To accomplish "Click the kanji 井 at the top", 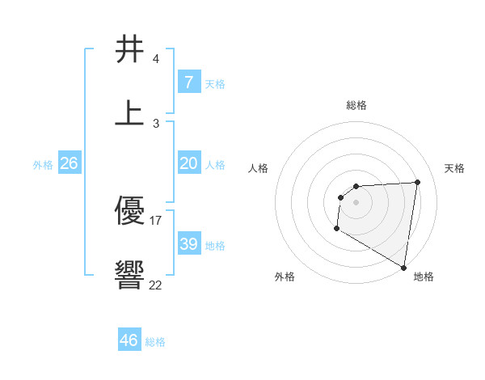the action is (129, 49).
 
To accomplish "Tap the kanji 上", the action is (129, 113).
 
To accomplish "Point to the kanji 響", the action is (129, 275).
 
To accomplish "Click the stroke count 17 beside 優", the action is (156, 220).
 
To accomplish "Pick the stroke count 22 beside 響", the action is (156, 285).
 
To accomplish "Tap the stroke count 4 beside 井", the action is (155, 59).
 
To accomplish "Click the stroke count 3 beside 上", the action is (155, 124).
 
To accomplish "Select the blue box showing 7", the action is (188, 82).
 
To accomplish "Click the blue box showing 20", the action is (188, 163).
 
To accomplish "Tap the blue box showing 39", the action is (188, 244).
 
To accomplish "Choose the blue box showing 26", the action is (69, 163).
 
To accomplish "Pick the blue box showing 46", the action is (129, 340).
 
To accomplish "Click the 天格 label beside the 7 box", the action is (215, 84).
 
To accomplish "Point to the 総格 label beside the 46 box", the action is (155, 342).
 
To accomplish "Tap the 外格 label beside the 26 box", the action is (43, 165).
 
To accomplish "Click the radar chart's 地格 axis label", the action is (424, 277).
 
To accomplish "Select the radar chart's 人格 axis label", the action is (259, 168).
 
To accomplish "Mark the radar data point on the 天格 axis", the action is (418, 182).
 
